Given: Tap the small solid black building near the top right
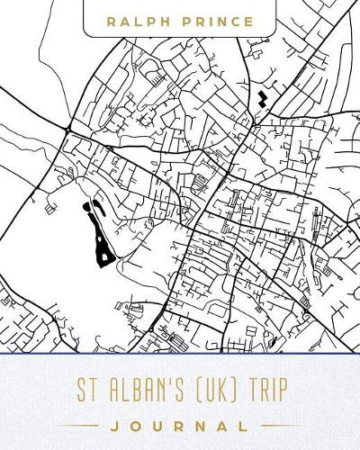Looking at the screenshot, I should pos(262,97).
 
